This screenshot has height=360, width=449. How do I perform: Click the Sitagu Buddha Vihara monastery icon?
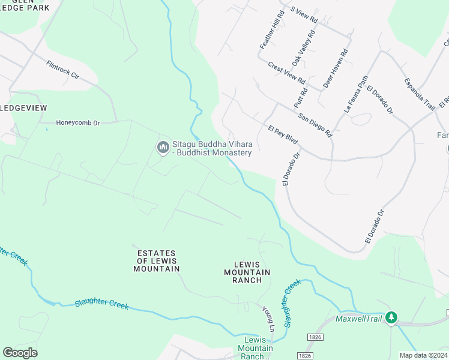coord(163,147)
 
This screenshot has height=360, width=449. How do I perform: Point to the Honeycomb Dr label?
coord(78,123)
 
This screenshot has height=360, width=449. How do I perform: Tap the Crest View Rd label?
coord(287,73)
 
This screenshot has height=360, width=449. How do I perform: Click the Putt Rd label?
coord(301,98)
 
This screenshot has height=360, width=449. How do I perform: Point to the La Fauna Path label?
coord(356,94)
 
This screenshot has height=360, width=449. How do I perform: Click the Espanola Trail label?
coord(419,94)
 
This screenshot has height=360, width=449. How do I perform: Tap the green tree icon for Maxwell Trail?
coord(391,317)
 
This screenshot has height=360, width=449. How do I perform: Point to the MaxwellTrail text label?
coord(359,318)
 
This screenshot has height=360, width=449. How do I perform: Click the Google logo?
coord(20,353)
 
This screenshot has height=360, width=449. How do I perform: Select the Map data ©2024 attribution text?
coord(423,355)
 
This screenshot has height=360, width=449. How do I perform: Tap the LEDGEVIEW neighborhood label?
coord(23,107)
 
